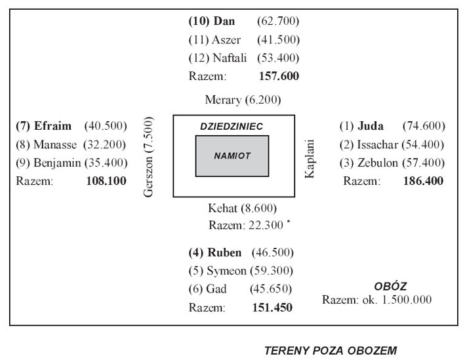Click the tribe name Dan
point(224,21)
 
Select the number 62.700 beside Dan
point(278,21)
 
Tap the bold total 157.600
point(279,76)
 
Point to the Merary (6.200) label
point(243,100)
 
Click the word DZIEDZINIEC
point(232,127)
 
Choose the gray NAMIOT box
point(232,156)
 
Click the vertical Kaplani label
point(310,159)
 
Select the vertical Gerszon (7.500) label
point(148,157)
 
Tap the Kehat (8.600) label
point(242,209)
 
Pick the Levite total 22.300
point(266,225)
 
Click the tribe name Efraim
point(52,126)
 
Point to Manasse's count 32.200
point(105,144)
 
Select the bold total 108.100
point(106,181)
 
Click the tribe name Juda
point(371,126)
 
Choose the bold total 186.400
point(423,181)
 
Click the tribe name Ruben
point(224,252)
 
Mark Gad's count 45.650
point(271,289)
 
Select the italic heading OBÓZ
point(390,286)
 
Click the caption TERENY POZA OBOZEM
point(331,351)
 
